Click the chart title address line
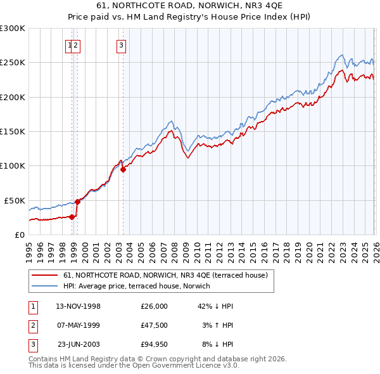pos(189,6)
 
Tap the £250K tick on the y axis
pos(12,63)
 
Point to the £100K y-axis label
pos(12,165)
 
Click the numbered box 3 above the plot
pos(120,45)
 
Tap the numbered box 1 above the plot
pos(69,45)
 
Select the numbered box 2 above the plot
pos(76,45)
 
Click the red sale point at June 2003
pos(123,169)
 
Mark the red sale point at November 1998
pos(72,217)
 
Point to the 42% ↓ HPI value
pos(216,306)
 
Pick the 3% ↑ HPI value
pos(218,325)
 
